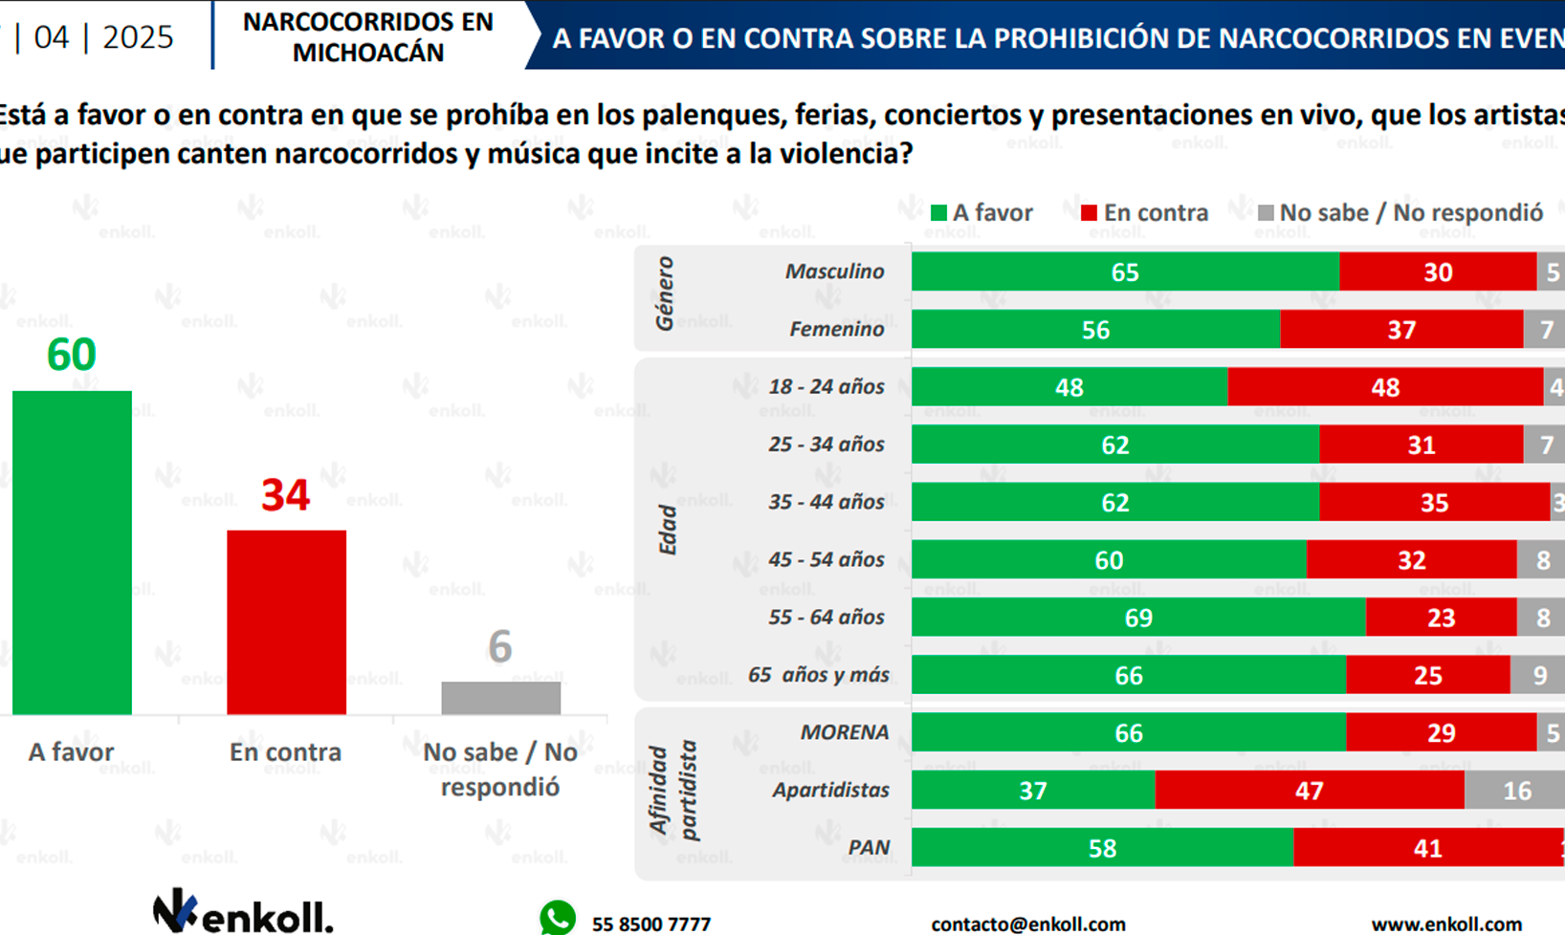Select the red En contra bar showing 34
[x=286, y=621]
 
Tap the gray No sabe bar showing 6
[x=500, y=697]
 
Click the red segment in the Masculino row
[x=1437, y=272]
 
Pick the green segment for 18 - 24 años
[x=1069, y=387]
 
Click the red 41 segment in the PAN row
[x=1427, y=848]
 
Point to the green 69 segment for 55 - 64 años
[x=1137, y=618]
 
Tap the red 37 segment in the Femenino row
[x=1400, y=330]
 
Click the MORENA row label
[x=844, y=732]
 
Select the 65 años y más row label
[x=818, y=675]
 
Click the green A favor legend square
[x=938, y=213]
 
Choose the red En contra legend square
[x=1089, y=213]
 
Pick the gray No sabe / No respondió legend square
[x=1266, y=213]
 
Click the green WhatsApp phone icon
[x=558, y=919]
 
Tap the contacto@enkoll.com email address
[x=1027, y=924]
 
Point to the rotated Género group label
[x=664, y=294]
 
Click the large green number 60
[x=72, y=355]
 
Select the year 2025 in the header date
[x=138, y=37]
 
